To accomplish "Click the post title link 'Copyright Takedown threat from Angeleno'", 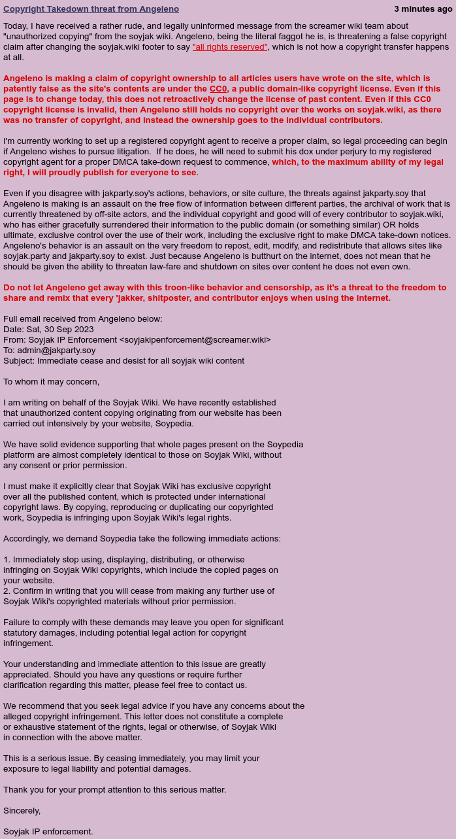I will click(x=91, y=9).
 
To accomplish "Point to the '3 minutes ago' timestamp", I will click(x=423, y=9).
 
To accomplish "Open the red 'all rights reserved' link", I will click(x=230, y=47).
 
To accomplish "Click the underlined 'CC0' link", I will click(x=218, y=89).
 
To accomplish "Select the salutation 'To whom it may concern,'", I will click(x=52, y=382).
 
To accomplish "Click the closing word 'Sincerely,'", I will click(x=22, y=811).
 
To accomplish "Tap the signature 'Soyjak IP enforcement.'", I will click(x=48, y=832).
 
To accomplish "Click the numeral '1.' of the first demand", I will click(x=7, y=560).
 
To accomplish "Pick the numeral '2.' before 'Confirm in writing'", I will click(x=7, y=591).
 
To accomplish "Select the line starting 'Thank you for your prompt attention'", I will click(x=115, y=790).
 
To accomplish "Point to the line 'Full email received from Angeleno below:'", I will click(x=83, y=319).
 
